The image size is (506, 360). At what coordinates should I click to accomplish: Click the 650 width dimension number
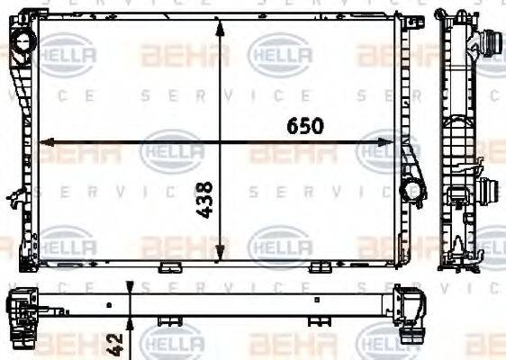(305, 126)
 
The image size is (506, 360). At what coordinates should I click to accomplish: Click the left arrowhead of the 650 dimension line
(48, 142)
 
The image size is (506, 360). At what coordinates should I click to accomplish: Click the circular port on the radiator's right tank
(412, 189)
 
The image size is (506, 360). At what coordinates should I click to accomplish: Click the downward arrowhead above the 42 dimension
(131, 286)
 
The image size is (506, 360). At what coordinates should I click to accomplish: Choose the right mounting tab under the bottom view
(321, 320)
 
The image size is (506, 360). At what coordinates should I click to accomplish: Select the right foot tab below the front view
(319, 267)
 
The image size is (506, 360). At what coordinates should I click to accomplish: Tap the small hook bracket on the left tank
(14, 195)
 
